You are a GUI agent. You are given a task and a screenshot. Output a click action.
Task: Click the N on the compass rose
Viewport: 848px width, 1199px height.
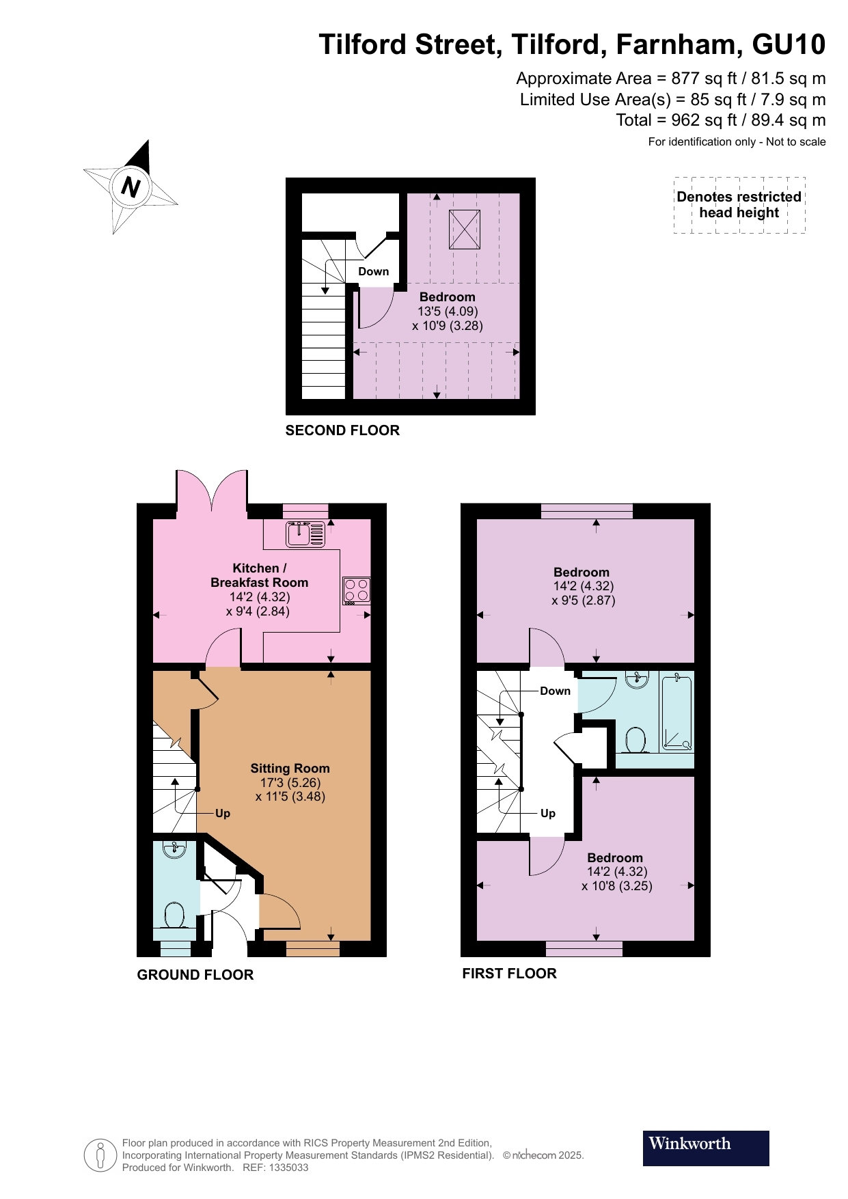point(130,187)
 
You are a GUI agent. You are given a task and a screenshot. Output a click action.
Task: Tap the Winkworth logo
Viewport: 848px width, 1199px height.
point(705,1148)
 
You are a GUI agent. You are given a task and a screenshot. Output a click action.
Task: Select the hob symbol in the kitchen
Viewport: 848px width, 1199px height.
point(357,590)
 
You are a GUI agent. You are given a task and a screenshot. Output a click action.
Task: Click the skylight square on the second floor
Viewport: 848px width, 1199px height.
point(464,230)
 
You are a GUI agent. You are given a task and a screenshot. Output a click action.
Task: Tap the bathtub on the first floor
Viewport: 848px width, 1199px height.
point(676,711)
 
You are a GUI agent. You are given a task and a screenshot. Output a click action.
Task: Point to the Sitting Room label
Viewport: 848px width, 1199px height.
point(290,768)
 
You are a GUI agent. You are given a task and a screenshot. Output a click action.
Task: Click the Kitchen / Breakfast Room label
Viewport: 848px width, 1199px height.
point(259,575)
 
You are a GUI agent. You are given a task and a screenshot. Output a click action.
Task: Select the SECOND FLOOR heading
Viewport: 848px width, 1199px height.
point(342,430)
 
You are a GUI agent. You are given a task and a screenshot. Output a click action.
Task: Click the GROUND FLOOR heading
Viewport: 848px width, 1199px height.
point(195,975)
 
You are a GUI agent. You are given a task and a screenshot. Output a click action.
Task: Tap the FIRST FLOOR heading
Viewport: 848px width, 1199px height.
point(509,974)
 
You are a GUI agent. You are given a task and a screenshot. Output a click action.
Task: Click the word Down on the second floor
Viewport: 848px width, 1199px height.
point(373,271)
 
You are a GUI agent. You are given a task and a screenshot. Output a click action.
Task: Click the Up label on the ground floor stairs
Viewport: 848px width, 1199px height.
point(223,813)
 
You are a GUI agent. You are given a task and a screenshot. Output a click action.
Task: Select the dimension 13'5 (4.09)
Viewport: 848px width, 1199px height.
point(448,311)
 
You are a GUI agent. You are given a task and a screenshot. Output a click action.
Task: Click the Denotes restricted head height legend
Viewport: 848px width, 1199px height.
point(739,205)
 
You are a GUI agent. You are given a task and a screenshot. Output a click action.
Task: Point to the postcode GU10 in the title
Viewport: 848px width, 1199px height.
point(789,44)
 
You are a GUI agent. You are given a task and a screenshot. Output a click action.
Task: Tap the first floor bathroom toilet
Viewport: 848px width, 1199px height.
point(636,740)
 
